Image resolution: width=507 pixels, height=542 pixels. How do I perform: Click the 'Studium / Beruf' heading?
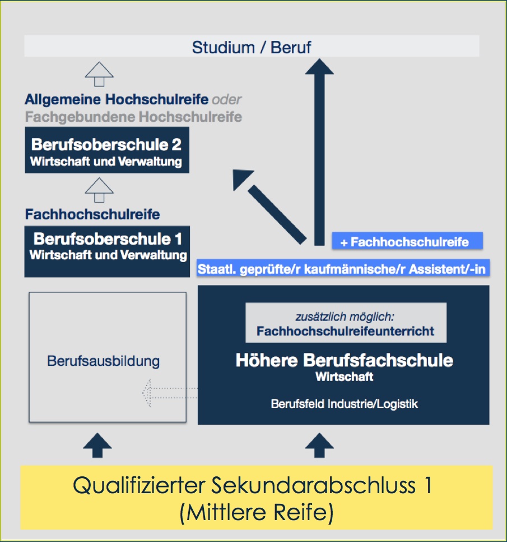tap(252, 47)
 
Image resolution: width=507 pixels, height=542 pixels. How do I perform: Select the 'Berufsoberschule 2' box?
tap(106, 150)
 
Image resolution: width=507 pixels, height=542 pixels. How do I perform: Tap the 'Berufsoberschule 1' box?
tap(107, 251)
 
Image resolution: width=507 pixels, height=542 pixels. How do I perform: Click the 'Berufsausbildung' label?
tap(104, 361)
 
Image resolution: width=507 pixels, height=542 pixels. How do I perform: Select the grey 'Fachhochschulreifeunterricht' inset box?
tap(346, 323)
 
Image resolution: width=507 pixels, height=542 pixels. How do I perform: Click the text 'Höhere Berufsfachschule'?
tap(344, 360)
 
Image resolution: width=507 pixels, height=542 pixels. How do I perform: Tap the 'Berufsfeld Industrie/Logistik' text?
tap(344, 403)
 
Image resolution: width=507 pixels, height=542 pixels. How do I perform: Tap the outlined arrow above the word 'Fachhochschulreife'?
tap(99, 190)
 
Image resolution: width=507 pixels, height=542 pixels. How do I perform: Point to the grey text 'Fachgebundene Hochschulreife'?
tap(133, 117)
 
